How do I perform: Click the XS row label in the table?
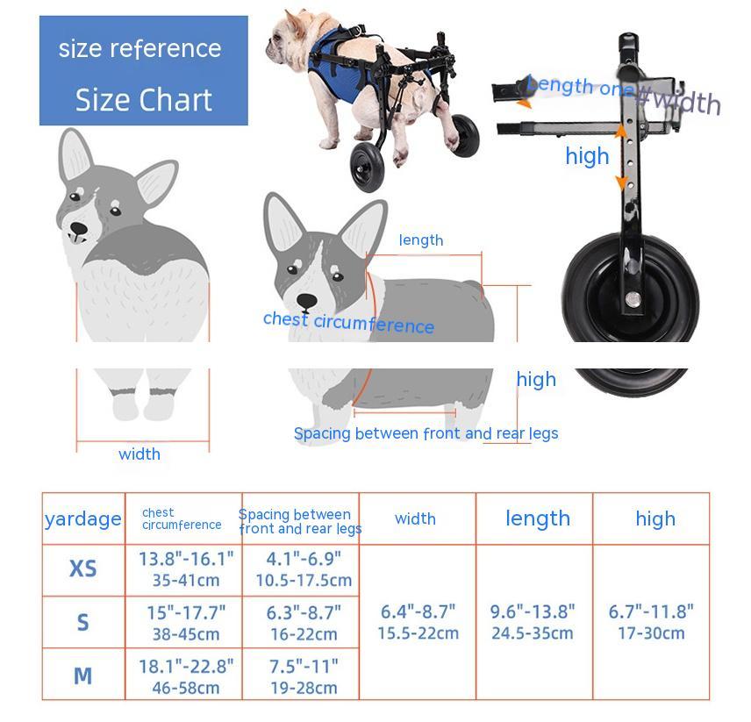[x=82, y=569]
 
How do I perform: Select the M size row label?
[x=82, y=676]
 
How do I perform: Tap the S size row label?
[x=82, y=623]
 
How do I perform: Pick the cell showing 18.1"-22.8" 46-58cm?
[x=186, y=676]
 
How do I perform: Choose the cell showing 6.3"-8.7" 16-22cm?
[x=304, y=623]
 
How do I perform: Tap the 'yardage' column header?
[x=82, y=518]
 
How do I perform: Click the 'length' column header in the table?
[x=537, y=518]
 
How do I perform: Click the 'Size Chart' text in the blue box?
[x=144, y=100]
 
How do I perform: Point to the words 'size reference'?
[x=140, y=48]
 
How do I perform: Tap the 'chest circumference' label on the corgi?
[x=348, y=323]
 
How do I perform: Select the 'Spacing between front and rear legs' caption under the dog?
[x=426, y=433]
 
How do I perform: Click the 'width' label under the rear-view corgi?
[x=139, y=454]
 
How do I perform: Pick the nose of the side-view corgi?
[x=306, y=301]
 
